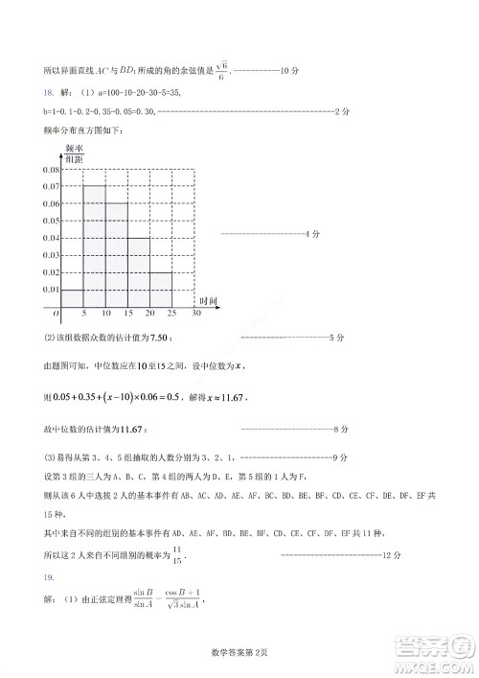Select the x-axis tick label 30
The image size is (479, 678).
click(196, 314)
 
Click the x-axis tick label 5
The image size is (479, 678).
click(84, 314)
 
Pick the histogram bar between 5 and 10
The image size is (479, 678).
click(95, 245)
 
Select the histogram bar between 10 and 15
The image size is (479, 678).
click(117, 254)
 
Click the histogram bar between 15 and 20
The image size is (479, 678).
click(139, 271)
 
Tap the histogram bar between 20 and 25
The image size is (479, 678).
click(161, 289)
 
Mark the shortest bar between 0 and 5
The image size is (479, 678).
click(73, 297)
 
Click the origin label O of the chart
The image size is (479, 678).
click(56, 314)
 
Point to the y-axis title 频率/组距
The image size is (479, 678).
click(76, 153)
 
